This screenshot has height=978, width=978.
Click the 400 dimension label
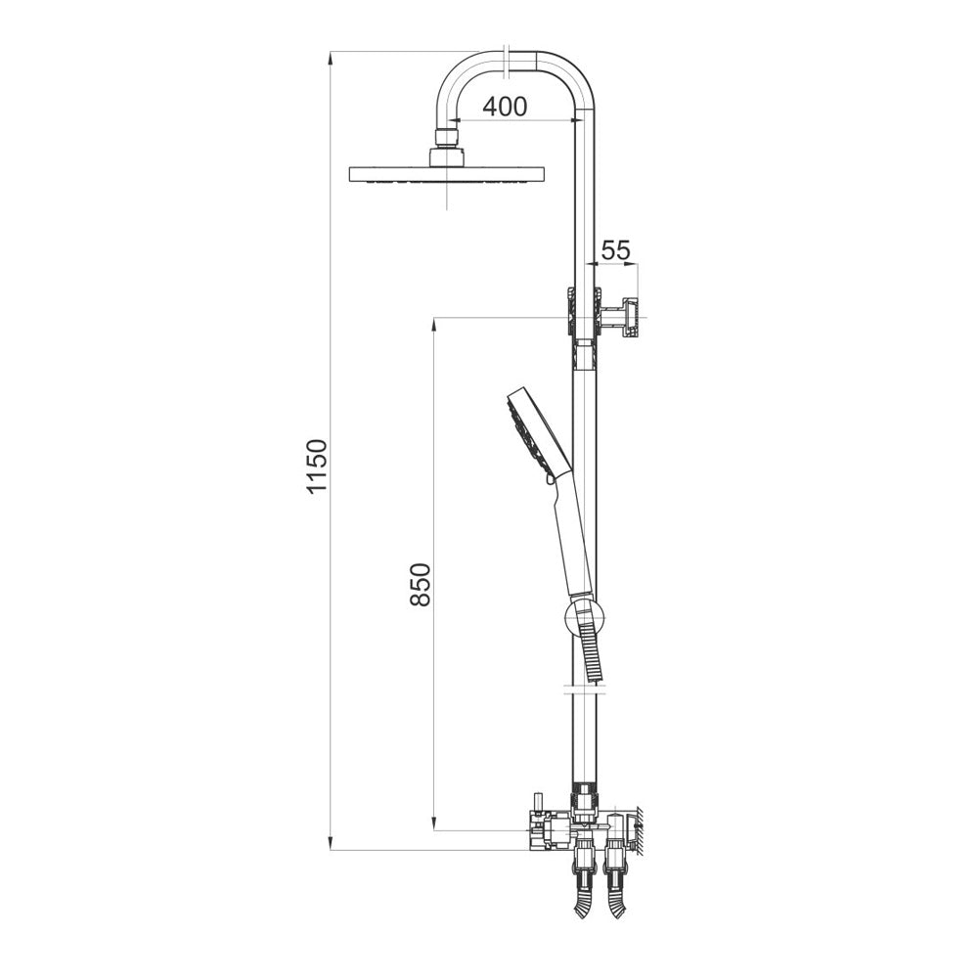coord(505,107)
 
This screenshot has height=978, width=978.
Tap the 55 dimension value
coord(615,250)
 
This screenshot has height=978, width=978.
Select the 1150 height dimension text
coord(317,466)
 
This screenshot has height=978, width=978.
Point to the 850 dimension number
coord(421,585)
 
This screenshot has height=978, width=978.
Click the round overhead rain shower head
coord(448,175)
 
